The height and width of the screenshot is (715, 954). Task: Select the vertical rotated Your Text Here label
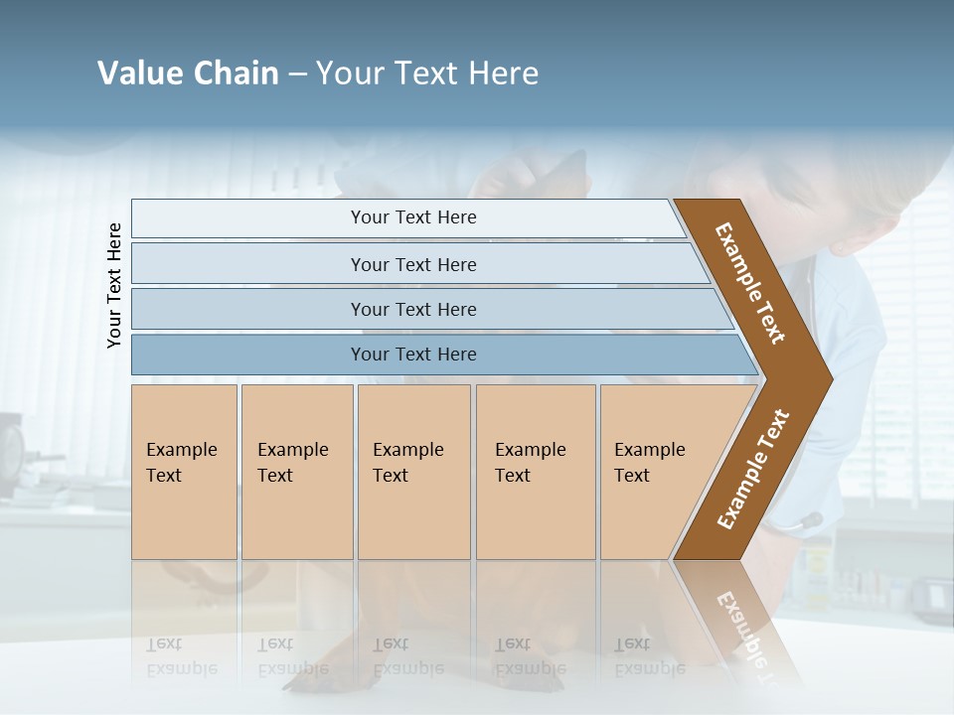(x=114, y=285)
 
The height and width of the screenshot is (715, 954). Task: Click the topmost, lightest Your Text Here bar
(x=413, y=217)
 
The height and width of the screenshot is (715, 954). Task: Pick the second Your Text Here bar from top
(x=413, y=264)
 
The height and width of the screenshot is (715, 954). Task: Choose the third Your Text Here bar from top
(x=413, y=309)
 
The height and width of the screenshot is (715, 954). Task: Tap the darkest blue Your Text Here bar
(x=413, y=355)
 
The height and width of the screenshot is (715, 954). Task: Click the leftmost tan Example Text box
(x=184, y=471)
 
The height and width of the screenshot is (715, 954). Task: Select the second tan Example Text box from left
(x=296, y=471)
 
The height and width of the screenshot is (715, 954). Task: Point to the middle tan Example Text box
(x=413, y=471)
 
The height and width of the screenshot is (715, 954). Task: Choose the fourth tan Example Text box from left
(x=536, y=471)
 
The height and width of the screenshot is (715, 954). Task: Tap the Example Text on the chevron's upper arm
(x=750, y=283)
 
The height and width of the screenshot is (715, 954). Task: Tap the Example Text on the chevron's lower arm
(x=753, y=470)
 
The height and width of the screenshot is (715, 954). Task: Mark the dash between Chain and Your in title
(x=297, y=74)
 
